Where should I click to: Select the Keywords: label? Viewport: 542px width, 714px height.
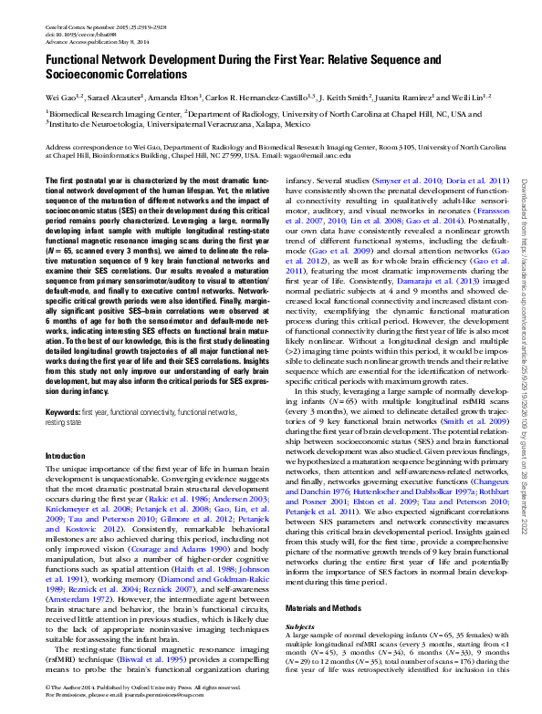[62, 412]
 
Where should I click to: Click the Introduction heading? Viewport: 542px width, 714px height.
[65, 455]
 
